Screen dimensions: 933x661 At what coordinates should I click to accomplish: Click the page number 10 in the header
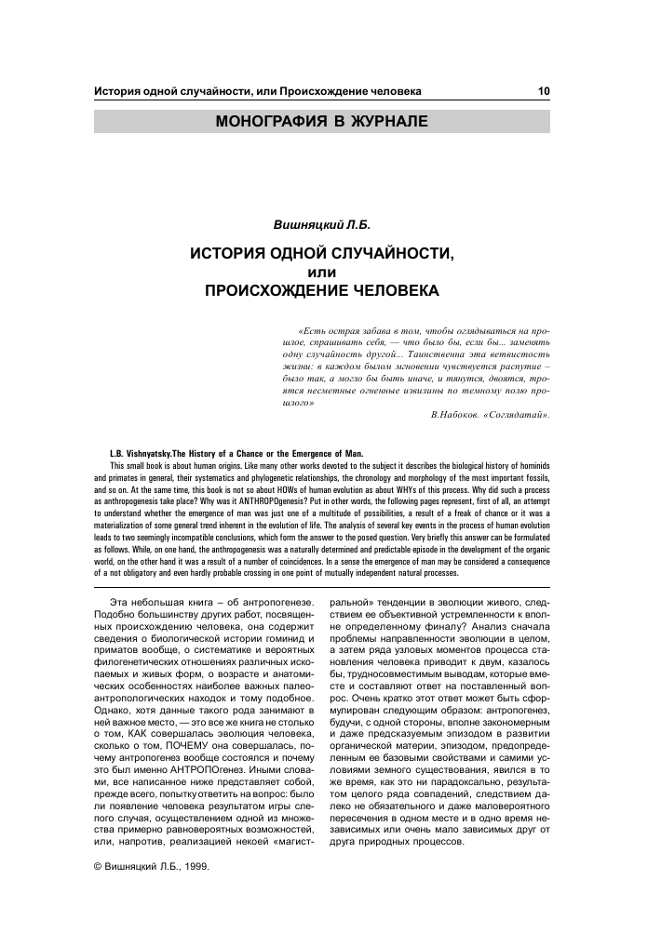tap(544, 91)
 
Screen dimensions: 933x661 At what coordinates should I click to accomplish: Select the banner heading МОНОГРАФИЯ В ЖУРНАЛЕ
tap(322, 122)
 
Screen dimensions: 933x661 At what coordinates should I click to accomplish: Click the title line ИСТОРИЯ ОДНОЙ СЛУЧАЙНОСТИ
tap(322, 254)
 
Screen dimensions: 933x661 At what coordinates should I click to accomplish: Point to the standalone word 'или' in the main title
tap(321, 272)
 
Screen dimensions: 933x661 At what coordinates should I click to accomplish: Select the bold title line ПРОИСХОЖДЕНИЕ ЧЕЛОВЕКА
tap(322, 290)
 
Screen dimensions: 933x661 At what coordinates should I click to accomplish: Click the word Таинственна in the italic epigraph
tap(430, 355)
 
